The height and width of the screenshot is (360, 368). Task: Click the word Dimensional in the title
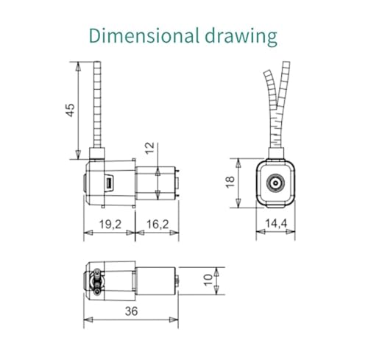point(144,36)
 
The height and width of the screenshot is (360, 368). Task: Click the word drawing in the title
point(241,38)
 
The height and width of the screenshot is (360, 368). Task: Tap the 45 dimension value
point(70,110)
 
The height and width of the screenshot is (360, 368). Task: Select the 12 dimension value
point(150,148)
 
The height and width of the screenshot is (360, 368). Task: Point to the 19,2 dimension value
point(110,225)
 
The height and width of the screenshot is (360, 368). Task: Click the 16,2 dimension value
point(158,225)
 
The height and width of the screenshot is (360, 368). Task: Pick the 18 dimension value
point(230,183)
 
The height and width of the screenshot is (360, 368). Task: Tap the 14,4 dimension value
point(276,223)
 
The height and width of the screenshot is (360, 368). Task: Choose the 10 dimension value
point(208,280)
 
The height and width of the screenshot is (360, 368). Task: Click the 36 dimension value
point(132,311)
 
